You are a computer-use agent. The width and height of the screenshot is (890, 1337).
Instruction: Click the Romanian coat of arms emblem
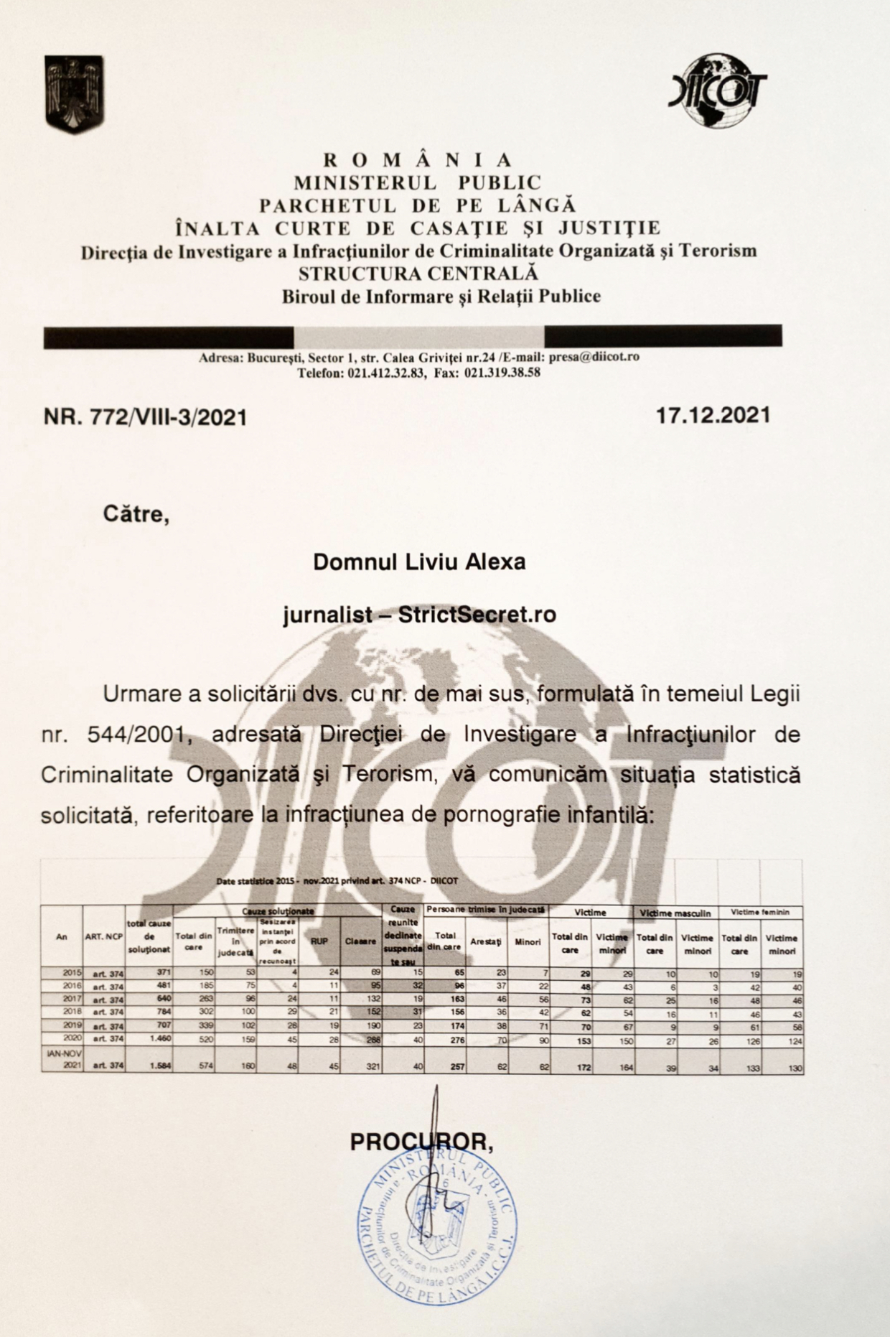(x=74, y=94)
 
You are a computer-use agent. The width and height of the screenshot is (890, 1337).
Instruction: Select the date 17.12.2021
(x=713, y=415)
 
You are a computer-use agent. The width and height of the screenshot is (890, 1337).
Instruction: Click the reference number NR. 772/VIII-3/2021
(x=145, y=417)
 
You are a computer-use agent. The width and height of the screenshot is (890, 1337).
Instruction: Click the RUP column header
(x=319, y=941)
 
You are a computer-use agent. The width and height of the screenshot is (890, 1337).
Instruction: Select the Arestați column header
(x=486, y=941)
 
